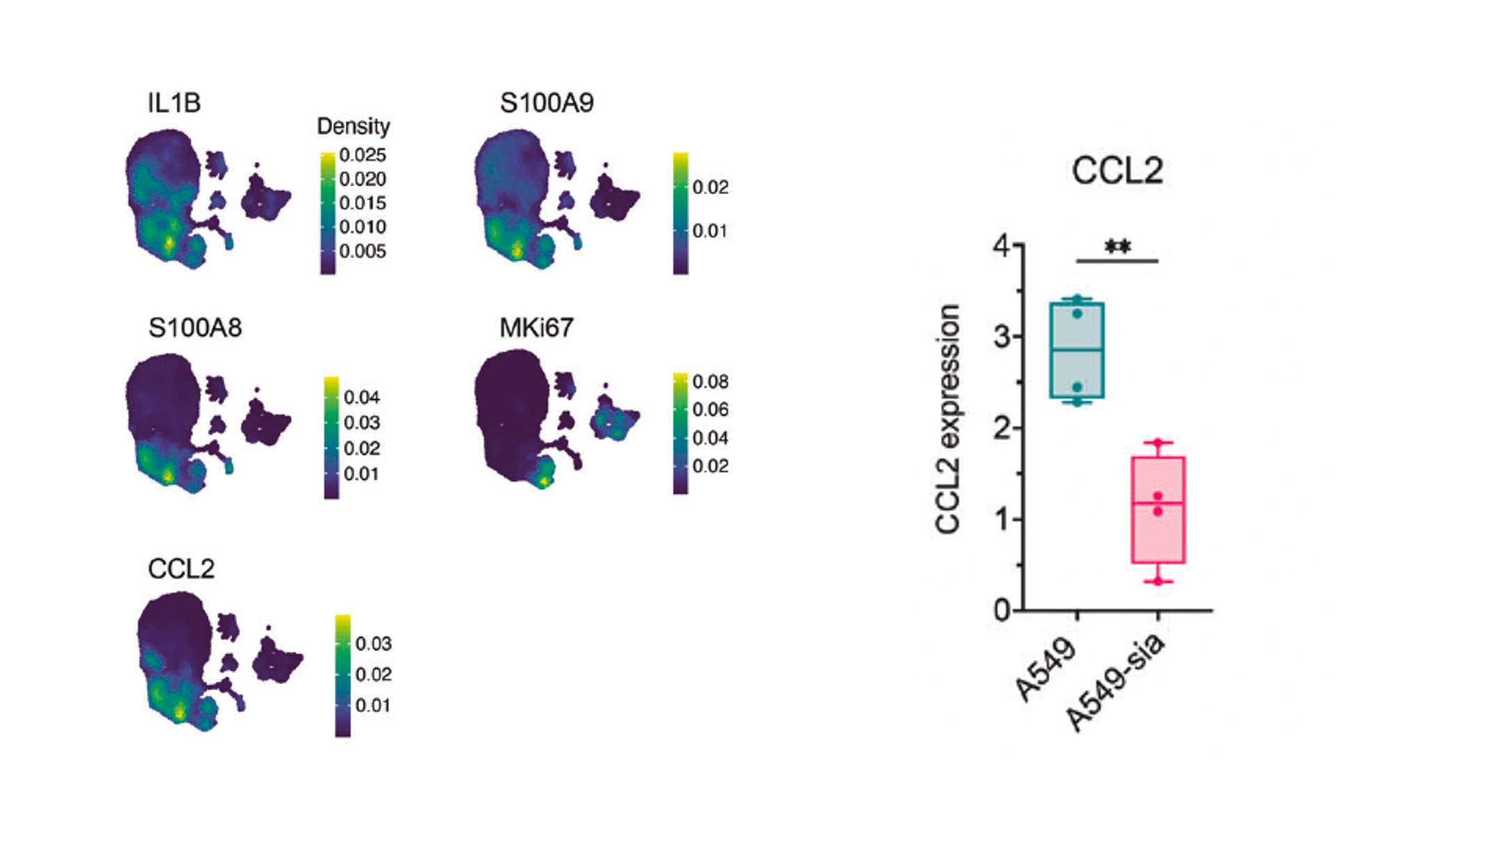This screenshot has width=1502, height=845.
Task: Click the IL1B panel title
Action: coord(174,103)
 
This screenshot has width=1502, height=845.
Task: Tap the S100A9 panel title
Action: coord(547,103)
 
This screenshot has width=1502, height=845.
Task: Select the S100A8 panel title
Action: coord(195,328)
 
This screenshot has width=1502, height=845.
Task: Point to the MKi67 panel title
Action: coord(536,328)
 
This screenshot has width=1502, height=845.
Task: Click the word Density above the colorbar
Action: coord(353,127)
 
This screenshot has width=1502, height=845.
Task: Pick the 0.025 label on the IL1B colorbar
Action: coord(362,155)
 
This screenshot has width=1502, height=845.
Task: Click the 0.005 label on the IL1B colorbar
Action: coord(362,251)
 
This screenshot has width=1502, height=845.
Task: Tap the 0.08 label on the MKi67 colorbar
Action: coord(710,382)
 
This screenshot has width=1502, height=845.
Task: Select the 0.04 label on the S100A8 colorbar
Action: coord(362,397)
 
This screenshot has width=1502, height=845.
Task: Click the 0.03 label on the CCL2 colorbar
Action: coord(373,644)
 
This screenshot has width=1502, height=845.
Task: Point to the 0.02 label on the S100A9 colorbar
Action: coord(710,188)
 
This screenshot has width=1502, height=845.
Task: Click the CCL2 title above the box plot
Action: coord(1117,170)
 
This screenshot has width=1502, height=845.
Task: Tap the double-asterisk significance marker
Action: coord(1117,247)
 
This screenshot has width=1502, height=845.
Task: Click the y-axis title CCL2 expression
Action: coord(948,419)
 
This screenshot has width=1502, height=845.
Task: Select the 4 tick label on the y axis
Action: coord(1002,246)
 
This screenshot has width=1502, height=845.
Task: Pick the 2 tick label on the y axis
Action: coord(1002,428)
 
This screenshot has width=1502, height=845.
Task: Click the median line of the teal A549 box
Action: coord(1076,350)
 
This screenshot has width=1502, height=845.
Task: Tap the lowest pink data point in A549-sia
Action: coord(1158,581)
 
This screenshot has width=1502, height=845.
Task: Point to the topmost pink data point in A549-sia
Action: coord(1158,442)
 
